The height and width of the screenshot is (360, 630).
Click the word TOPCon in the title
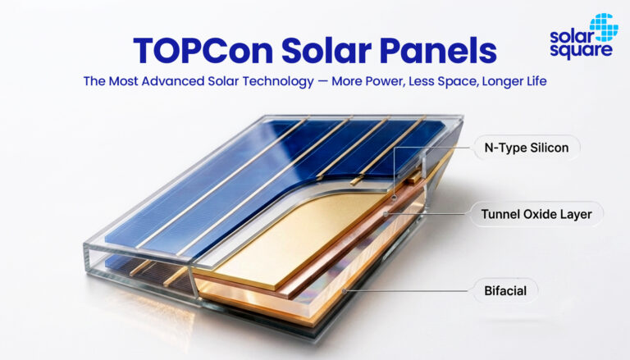203,51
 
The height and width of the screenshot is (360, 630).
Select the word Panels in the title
438,51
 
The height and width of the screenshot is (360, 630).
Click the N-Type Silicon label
527,148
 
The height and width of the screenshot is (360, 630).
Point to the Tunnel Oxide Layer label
536,214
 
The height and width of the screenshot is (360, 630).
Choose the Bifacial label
505,290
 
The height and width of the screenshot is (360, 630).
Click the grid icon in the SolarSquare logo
605,27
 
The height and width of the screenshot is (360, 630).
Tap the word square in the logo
581,51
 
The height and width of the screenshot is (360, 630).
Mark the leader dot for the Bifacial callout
344,290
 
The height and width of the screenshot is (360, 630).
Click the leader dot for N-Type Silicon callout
395,198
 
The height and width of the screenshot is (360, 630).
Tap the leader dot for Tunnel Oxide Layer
386,214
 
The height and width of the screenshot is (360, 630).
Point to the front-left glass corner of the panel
85,245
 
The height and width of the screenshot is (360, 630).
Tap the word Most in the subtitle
123,81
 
